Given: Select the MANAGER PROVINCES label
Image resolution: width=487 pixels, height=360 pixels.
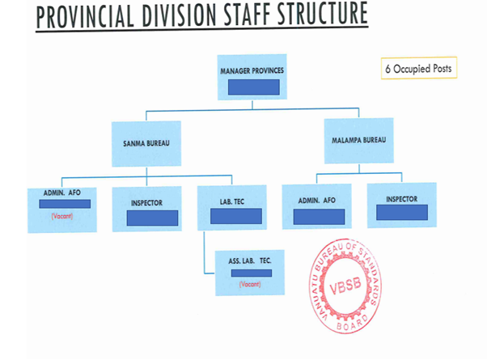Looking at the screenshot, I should (x=252, y=71).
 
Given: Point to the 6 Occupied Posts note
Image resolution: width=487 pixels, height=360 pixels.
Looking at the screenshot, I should (x=418, y=69).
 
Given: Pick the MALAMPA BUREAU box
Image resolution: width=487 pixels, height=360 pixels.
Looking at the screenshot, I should (x=358, y=141).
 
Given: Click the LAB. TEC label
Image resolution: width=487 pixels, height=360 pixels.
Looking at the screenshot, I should (x=232, y=199).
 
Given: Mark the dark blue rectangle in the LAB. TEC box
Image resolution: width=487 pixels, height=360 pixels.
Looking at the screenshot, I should (x=232, y=215).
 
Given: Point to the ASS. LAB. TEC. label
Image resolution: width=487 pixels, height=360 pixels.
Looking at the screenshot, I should (x=249, y=262).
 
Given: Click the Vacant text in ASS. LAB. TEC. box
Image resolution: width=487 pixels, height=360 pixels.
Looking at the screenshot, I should (x=250, y=285).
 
